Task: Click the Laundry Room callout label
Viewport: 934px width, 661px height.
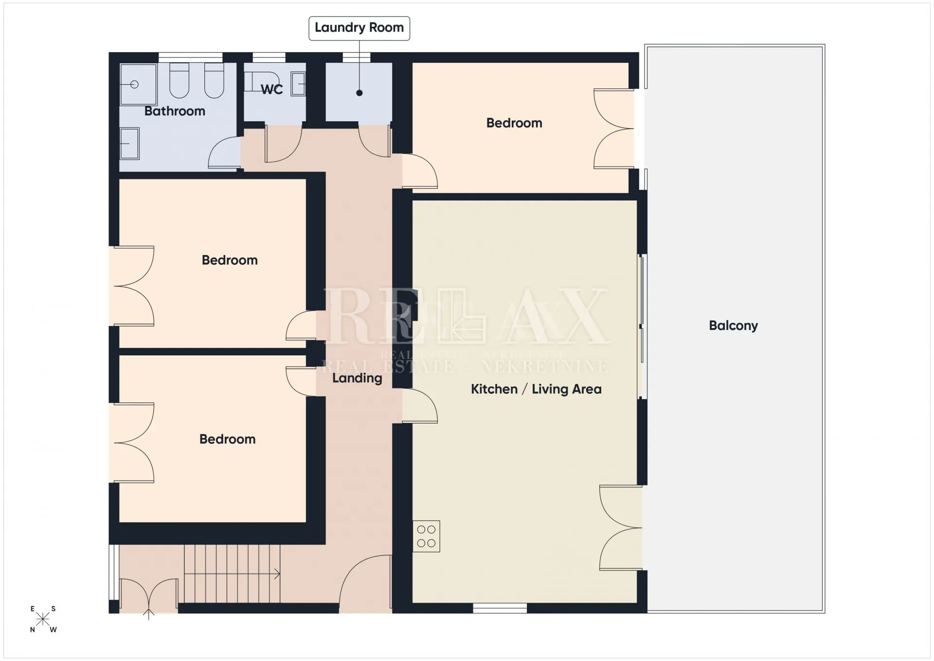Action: tap(359, 28)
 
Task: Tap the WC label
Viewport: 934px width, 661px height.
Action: tap(272, 90)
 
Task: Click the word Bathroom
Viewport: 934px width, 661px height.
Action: tap(175, 111)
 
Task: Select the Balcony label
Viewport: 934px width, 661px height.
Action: tap(733, 326)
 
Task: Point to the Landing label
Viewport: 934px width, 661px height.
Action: tap(357, 378)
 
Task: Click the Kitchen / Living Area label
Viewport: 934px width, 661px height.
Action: tap(536, 389)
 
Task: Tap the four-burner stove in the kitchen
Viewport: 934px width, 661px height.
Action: tap(426, 536)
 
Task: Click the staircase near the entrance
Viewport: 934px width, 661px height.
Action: tap(232, 574)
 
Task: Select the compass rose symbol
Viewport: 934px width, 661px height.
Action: tap(43, 619)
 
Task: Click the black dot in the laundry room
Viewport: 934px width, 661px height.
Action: tap(359, 93)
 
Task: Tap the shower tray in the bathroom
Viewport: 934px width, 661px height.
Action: tap(138, 84)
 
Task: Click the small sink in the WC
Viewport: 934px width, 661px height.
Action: tap(298, 84)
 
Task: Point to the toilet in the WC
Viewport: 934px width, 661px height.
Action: tap(262, 82)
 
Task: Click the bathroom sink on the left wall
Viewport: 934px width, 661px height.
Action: tap(129, 144)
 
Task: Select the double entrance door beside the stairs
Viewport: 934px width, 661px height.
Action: tap(149, 595)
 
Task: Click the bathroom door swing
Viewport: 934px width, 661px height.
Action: tap(224, 153)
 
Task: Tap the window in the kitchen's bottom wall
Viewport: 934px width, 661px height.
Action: tap(500, 608)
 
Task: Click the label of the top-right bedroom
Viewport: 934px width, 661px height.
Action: tap(514, 123)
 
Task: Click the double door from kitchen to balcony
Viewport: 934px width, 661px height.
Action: tap(621, 528)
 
